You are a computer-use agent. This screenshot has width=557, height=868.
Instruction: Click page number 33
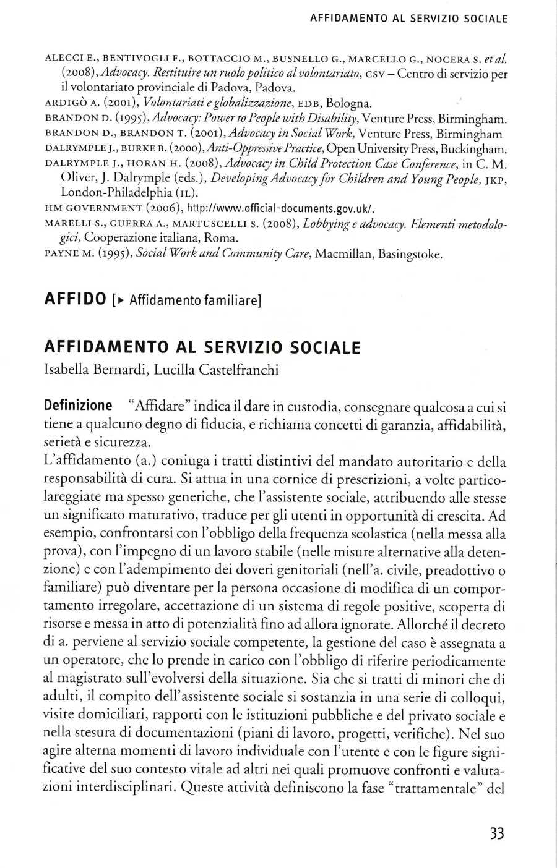pos(497,833)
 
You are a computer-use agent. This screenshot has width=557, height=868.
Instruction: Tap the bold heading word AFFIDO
pos(76,300)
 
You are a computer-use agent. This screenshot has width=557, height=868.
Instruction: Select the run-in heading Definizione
pos(78,406)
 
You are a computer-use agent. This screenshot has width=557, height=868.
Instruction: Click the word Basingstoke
pos(410,253)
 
